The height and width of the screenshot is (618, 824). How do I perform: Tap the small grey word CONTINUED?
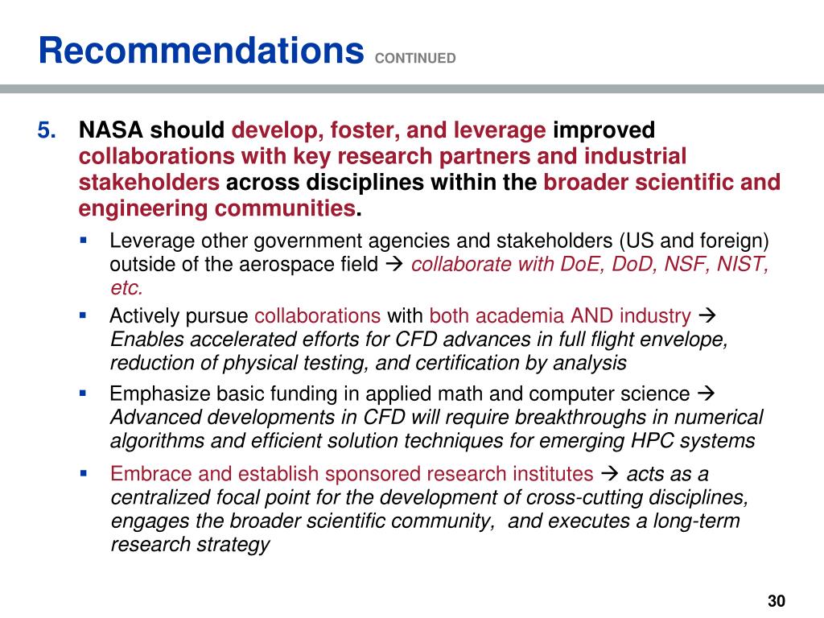pyautogui.click(x=415, y=58)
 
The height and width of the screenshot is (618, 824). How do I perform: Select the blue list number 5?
pyautogui.click(x=47, y=130)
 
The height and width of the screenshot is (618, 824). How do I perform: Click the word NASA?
pyautogui.click(x=110, y=130)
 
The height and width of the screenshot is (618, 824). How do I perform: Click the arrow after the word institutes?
pyautogui.click(x=610, y=473)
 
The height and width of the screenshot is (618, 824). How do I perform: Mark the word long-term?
pyautogui.click(x=693, y=521)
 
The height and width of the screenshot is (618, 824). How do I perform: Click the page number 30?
pyautogui.click(x=776, y=600)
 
